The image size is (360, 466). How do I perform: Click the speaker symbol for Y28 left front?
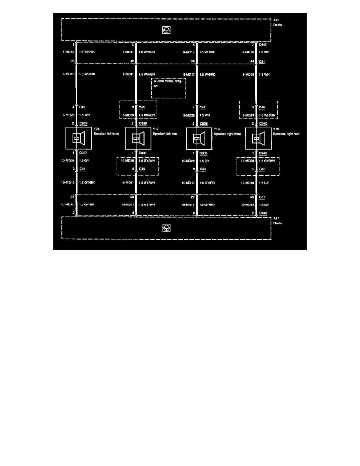(77, 138)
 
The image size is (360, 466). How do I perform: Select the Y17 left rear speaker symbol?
(136, 138)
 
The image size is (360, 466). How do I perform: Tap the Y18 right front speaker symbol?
(197, 138)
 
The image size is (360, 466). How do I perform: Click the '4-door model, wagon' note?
(168, 84)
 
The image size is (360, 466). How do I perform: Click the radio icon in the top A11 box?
(167, 29)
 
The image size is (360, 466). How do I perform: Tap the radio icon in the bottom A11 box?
(167, 228)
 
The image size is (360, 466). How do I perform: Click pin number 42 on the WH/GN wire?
(132, 61)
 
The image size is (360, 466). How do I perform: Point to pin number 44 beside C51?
(251, 61)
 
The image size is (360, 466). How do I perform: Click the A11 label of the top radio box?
(276, 19)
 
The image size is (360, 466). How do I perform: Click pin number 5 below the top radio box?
(193, 46)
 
